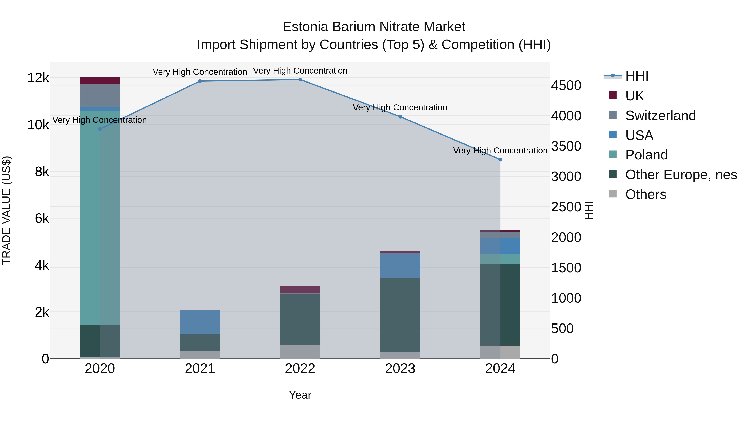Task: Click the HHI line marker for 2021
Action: (x=200, y=81)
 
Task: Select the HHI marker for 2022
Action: (x=300, y=80)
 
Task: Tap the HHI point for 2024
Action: (x=500, y=159)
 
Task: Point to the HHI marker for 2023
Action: (x=400, y=117)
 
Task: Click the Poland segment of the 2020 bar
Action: (x=100, y=218)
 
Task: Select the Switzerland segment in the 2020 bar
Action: (x=100, y=96)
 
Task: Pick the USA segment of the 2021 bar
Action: (x=200, y=322)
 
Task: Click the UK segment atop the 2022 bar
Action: (x=300, y=290)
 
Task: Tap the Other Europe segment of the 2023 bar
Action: (x=400, y=315)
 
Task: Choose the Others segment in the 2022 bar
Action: (x=300, y=352)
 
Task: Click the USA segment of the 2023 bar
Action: (x=400, y=266)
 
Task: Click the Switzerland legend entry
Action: (x=660, y=116)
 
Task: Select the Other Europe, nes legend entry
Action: (x=681, y=175)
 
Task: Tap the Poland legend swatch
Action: (x=613, y=154)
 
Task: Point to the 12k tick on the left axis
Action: (x=38, y=78)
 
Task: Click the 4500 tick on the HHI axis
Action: (x=566, y=86)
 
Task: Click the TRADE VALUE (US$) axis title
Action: (x=7, y=211)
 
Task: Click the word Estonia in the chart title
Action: (x=305, y=27)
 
